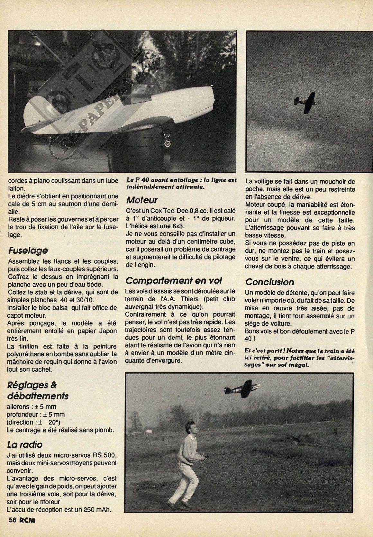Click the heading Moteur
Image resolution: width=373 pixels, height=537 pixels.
pos(142,200)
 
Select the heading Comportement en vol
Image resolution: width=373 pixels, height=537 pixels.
pos(174,280)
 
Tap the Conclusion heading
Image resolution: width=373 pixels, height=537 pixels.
pos(269,282)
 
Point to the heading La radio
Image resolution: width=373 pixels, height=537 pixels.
pos(24,445)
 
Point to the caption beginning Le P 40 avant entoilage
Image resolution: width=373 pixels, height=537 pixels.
pos(182,183)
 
